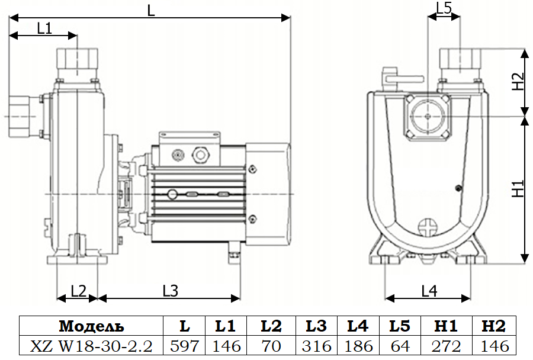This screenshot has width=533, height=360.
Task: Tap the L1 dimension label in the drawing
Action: tap(44, 27)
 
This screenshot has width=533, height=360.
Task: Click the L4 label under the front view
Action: tap(429, 291)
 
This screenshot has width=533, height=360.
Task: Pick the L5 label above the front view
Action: tap(444, 8)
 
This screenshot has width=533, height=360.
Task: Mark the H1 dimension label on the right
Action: tap(518, 189)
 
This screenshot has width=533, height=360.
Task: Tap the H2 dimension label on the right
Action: tap(518, 81)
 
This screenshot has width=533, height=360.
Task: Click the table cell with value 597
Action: tap(184, 346)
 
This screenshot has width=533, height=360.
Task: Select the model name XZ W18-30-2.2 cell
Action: tap(91, 346)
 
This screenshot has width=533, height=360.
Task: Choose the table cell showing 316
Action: tap(316, 346)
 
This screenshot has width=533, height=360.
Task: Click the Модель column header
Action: tap(91, 326)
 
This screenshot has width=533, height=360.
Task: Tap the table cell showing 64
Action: tap(400, 346)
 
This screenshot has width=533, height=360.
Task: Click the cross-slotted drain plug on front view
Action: tap(426, 228)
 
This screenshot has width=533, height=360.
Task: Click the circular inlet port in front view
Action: tap(427, 117)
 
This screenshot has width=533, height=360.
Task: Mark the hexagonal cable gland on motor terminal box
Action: tap(201, 156)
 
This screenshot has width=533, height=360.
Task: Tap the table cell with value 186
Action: tap(358, 346)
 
